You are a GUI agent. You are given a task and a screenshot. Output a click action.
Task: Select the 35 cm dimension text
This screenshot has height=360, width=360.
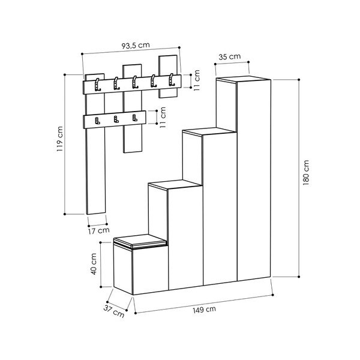[230, 57]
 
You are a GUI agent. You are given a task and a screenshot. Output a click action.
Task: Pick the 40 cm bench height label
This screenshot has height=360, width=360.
[94, 262]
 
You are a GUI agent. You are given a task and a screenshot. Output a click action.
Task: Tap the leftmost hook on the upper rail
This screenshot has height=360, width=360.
[98, 83]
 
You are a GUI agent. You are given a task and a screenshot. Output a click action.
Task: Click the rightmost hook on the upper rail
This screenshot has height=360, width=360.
[172, 79]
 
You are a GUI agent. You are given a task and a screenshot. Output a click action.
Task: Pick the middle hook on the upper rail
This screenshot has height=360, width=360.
[135, 81]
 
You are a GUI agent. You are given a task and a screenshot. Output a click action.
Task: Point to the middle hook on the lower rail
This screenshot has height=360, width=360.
[115, 119]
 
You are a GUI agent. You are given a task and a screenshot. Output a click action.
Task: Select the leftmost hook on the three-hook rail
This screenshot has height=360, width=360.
[97, 120]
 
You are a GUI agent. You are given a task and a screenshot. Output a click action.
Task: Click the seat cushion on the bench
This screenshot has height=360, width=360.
[139, 241]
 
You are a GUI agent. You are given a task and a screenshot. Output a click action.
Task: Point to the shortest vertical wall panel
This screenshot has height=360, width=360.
[169, 76]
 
